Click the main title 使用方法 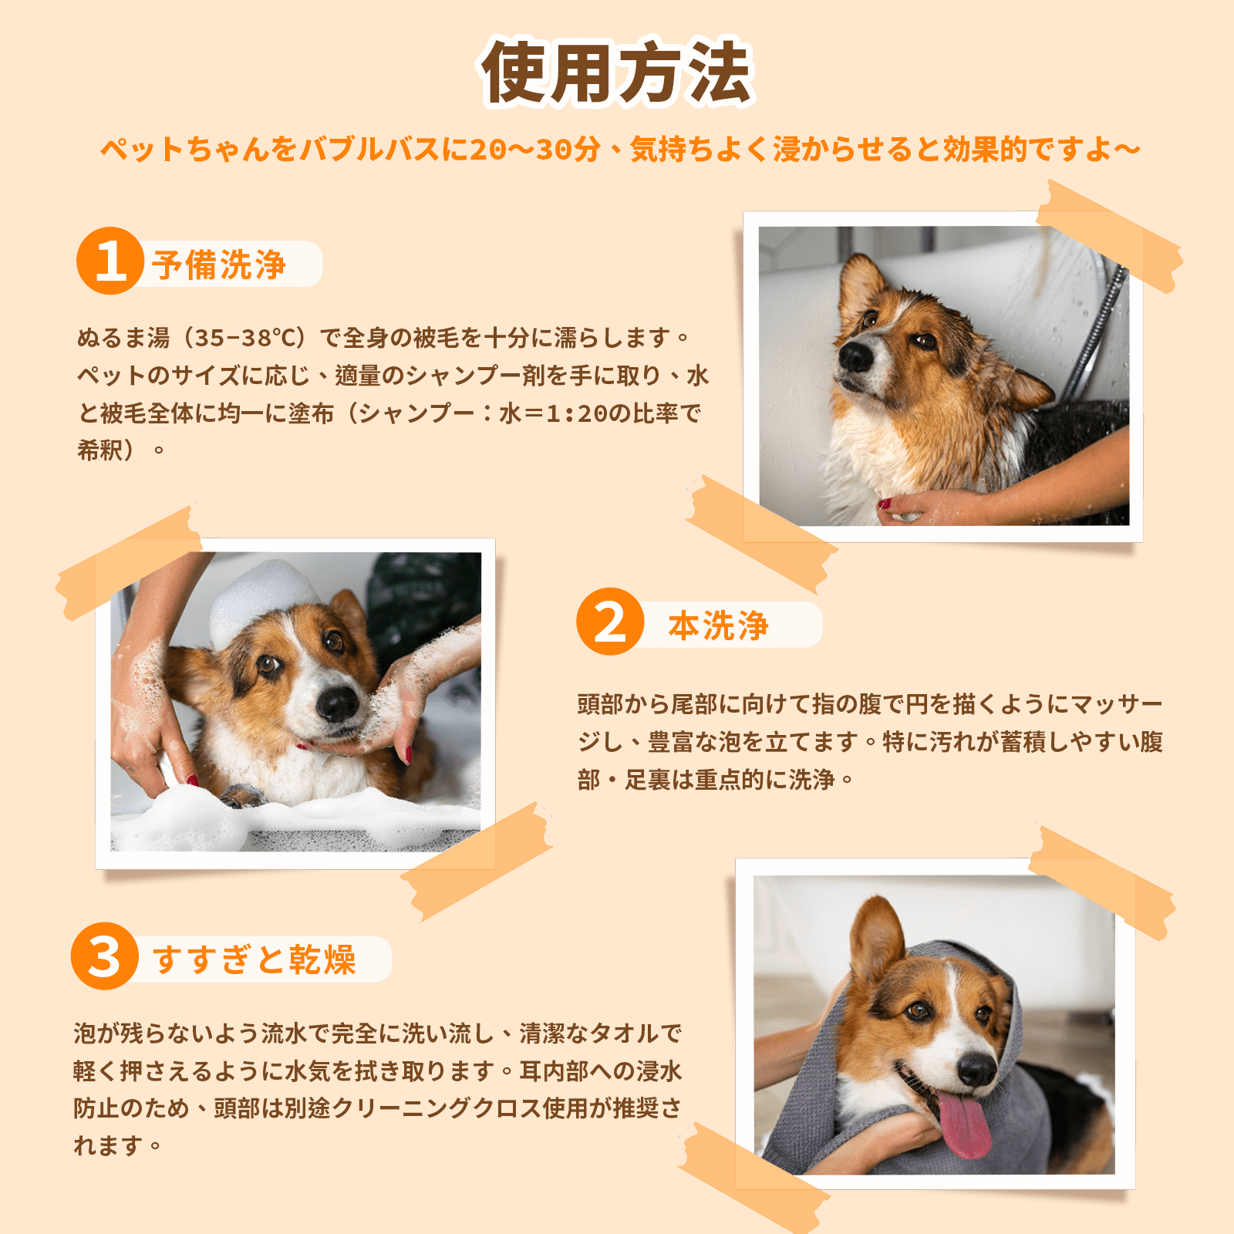(x=617, y=73)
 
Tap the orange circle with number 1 (x=110, y=261)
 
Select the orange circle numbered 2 (x=610, y=622)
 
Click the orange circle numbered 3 (x=104, y=956)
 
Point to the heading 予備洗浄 (x=219, y=265)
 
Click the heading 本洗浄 (x=718, y=625)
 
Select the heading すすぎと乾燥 (x=255, y=959)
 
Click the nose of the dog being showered (x=855, y=356)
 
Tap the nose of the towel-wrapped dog (x=977, y=1068)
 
